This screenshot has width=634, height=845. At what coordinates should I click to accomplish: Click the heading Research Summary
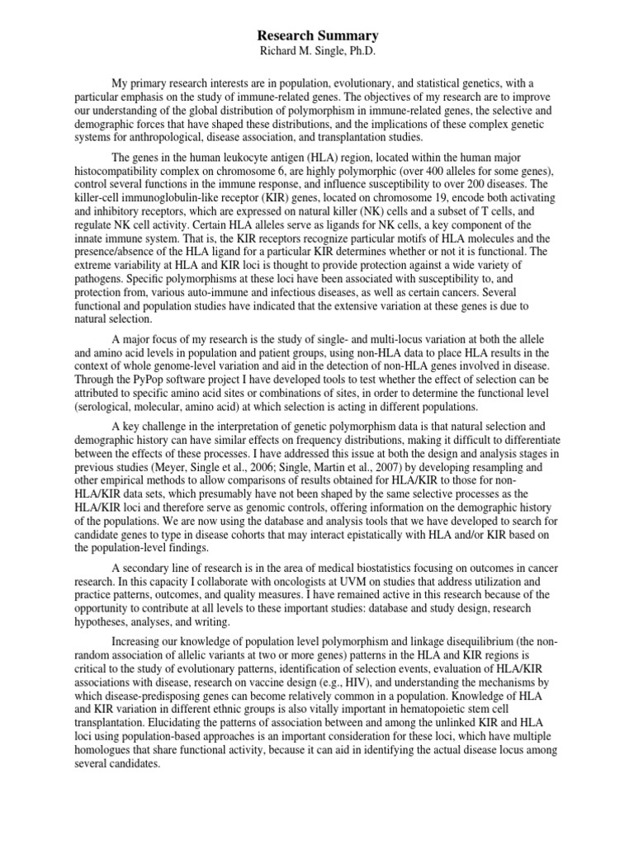318,35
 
